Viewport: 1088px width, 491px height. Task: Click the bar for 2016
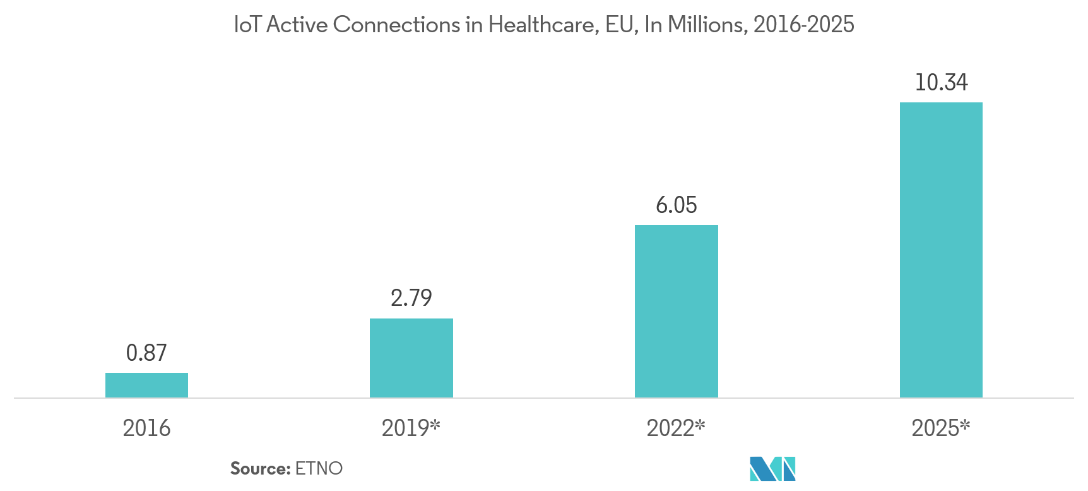146,385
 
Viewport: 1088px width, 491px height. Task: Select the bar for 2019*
411,358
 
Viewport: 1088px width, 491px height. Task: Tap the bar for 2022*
676,311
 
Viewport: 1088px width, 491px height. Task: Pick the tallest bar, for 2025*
940,250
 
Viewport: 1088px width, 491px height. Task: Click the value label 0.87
146,353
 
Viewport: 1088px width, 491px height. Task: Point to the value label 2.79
411,298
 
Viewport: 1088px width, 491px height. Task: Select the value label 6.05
676,205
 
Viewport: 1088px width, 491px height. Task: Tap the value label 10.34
940,82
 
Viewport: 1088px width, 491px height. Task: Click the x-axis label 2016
146,428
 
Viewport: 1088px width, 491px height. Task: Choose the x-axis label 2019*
410,428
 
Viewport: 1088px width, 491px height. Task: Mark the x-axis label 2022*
675,428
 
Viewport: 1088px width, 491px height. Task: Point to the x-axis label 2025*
940,428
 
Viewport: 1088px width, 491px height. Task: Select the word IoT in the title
246,25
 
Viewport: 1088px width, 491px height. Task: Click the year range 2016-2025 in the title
803,25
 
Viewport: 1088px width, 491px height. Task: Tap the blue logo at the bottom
772,470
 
